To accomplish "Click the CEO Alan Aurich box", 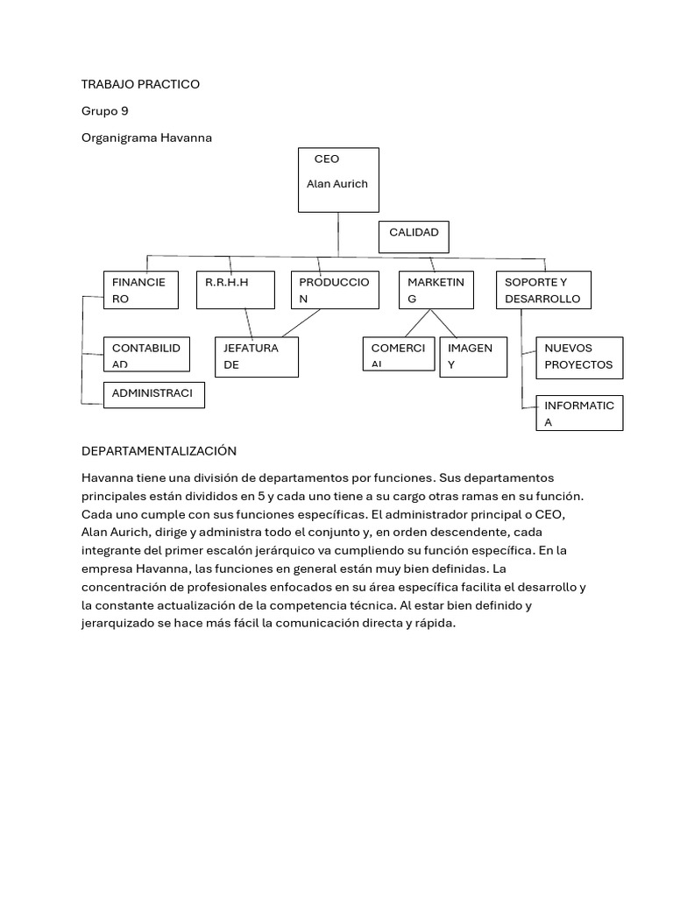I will tap(338, 180).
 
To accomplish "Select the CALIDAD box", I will tap(414, 237).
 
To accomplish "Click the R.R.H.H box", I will tap(236, 290).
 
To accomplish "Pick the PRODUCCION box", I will tap(334, 290).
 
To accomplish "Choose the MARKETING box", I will tap(436, 290).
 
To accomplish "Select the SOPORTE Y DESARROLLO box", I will tap(543, 290).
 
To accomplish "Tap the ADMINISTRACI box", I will tap(153, 395).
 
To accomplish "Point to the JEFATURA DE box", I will tap(257, 357).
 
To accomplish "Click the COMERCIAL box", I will tap(399, 353).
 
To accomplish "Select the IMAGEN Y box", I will tap(473, 357).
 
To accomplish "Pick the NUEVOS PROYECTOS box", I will tap(579, 357).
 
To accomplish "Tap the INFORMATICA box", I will tap(579, 413).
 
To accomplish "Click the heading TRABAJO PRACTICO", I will tap(140, 84).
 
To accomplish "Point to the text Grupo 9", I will tap(104, 111).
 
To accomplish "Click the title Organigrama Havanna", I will tap(146, 138).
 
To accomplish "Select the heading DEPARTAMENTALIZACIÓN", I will tap(159, 450).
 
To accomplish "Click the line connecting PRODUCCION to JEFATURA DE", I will tap(301, 322).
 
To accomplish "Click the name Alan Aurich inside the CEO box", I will tap(337, 184).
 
